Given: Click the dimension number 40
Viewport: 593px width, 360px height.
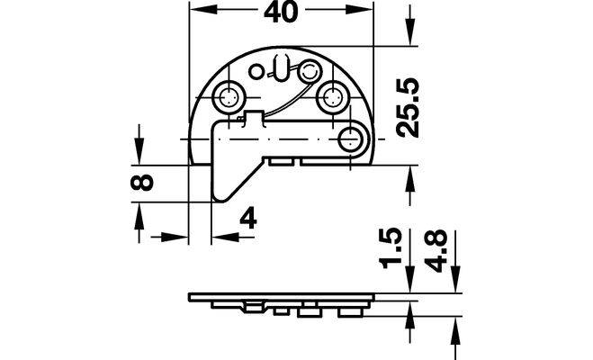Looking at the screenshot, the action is [x=281, y=13].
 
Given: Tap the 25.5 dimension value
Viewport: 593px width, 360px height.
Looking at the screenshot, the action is [x=408, y=108].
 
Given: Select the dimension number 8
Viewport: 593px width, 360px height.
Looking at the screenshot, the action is [x=142, y=183].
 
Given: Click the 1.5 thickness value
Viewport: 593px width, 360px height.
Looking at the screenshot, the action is [x=390, y=248].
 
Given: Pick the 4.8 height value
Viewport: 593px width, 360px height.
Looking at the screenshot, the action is [x=436, y=251].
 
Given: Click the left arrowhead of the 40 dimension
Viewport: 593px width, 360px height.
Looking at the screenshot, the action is [x=202, y=10].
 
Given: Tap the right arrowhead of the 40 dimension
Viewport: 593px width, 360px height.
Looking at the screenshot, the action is [x=359, y=10].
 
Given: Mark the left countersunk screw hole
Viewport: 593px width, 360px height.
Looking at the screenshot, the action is [x=228, y=97].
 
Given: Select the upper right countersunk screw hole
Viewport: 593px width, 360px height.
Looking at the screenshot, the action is [x=332, y=97].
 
